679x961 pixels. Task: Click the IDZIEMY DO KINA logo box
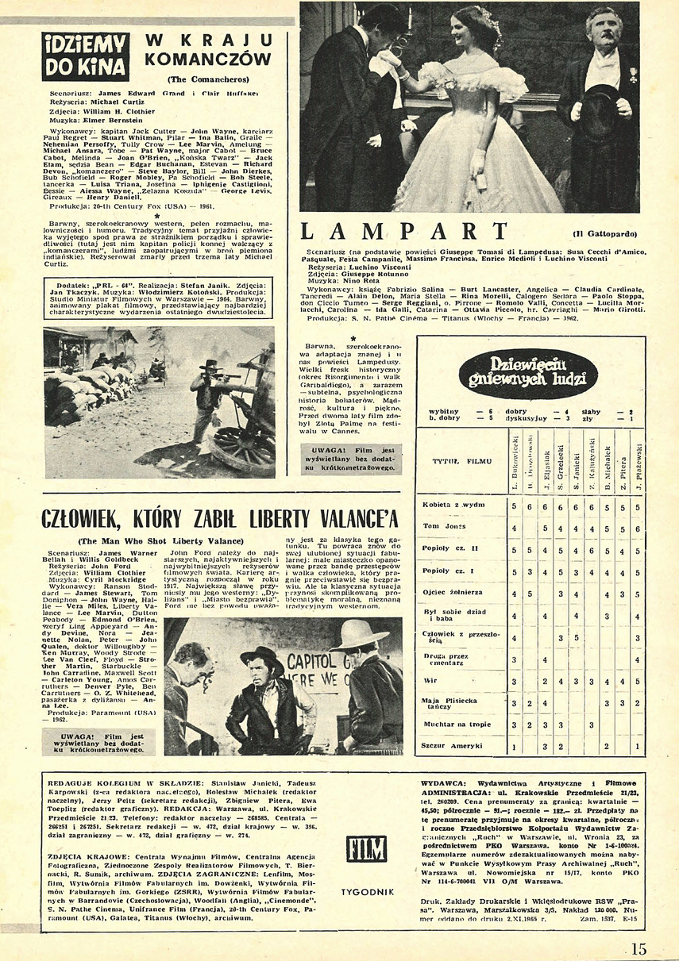click(86, 56)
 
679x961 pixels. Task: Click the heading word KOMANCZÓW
click(210, 58)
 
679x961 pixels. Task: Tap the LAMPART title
click(404, 231)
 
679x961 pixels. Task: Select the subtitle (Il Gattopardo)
click(604, 234)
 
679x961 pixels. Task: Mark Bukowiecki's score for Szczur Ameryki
click(515, 747)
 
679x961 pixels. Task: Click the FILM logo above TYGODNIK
click(366, 848)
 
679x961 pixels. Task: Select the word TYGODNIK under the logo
click(366, 892)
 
